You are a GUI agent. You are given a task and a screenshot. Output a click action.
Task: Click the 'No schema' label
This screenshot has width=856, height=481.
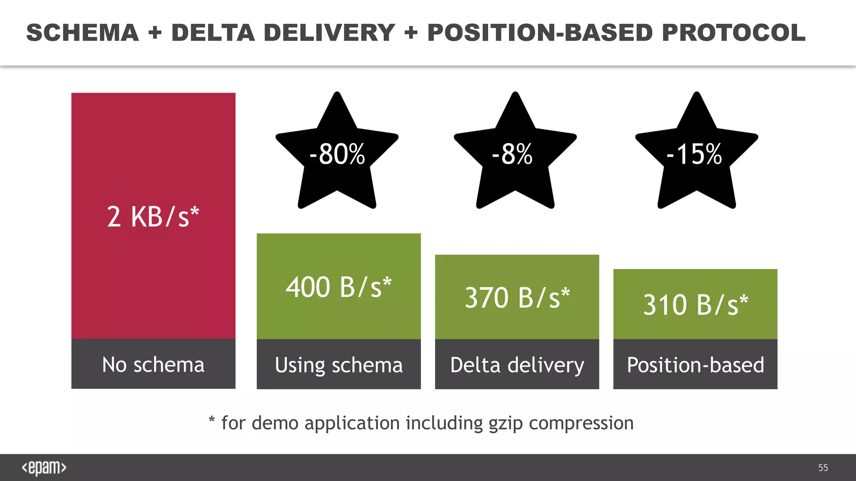tap(153, 365)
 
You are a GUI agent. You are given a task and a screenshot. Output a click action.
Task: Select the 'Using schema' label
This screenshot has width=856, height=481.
tap(339, 365)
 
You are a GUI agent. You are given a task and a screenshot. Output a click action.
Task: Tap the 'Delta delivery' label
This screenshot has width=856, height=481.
tap(517, 365)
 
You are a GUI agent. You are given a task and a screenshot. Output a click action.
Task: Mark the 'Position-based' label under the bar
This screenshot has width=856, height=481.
tap(695, 365)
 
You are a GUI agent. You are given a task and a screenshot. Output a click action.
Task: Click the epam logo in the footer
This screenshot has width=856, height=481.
tap(44, 468)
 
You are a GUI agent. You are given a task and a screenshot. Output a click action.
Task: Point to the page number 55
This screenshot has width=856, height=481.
tap(823, 468)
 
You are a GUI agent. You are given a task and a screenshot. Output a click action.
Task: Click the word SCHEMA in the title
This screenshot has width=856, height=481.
tap(83, 33)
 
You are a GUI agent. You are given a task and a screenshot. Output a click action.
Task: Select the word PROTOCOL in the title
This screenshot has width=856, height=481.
tap(734, 33)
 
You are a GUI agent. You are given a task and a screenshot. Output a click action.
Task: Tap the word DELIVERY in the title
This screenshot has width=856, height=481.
tap(329, 33)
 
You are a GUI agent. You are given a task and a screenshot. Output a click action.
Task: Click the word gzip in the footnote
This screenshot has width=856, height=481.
tap(506, 423)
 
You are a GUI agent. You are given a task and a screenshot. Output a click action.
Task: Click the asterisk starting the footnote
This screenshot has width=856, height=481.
tap(212, 420)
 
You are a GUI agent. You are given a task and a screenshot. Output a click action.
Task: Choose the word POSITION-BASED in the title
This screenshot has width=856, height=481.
tap(540, 33)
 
